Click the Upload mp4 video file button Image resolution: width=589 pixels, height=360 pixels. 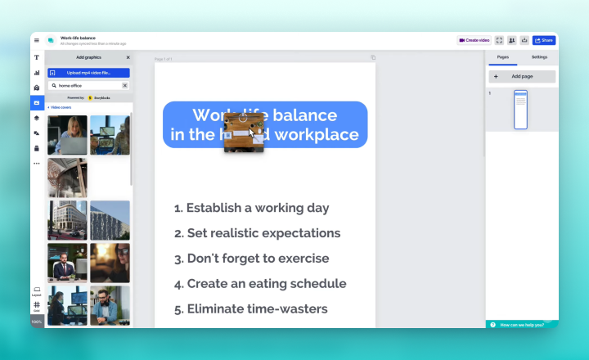click(x=88, y=73)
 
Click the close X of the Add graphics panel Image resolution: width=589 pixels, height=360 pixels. click(x=128, y=57)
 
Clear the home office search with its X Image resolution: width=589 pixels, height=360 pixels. click(x=125, y=85)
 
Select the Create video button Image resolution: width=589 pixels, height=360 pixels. click(x=474, y=40)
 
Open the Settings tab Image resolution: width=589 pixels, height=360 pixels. click(x=539, y=57)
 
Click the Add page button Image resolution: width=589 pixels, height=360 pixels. click(x=522, y=76)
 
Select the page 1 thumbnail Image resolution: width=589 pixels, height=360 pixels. click(x=521, y=110)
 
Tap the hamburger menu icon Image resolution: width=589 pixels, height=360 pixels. click(x=37, y=40)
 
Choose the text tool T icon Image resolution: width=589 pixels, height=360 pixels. click(x=37, y=57)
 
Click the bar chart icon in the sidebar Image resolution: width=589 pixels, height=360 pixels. click(x=37, y=73)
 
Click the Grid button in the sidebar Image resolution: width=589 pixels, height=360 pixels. click(x=37, y=306)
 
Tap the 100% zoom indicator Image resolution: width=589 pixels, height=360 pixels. click(x=37, y=322)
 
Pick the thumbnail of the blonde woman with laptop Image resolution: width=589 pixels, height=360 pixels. click(x=67, y=135)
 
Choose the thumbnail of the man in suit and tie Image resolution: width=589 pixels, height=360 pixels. click(x=67, y=263)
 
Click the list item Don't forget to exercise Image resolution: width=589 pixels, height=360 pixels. click(x=251, y=259)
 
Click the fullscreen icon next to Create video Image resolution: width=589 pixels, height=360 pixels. click(x=500, y=40)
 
